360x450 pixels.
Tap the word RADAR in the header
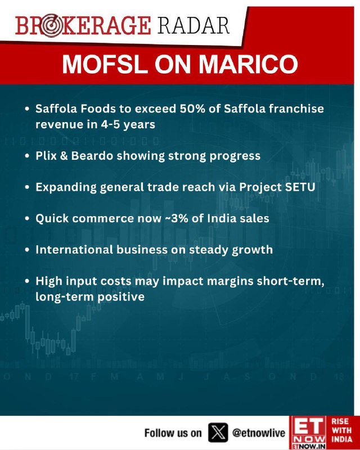pos(193,26)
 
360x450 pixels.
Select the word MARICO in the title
pos(249,64)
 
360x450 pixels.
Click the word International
pos(74,250)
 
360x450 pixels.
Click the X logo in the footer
pos(218,432)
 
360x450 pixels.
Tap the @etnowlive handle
pos(259,433)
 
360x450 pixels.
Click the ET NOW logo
pos(308,433)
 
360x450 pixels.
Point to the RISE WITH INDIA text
pos(342,430)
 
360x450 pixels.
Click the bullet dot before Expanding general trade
pos(27,187)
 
